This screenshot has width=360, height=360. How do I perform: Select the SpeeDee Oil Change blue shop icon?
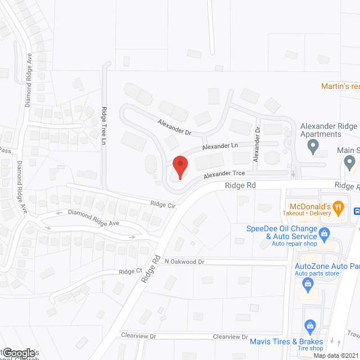click(x=324, y=233)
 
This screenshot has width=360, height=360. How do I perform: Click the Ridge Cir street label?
click(x=163, y=205)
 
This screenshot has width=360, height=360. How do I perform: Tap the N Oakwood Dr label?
click(x=184, y=262)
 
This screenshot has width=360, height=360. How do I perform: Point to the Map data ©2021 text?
click(x=335, y=355)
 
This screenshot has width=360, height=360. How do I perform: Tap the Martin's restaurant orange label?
click(x=340, y=87)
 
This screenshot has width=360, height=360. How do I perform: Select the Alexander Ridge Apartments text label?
click(x=329, y=130)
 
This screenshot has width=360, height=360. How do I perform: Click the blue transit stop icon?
click(x=356, y=211)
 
